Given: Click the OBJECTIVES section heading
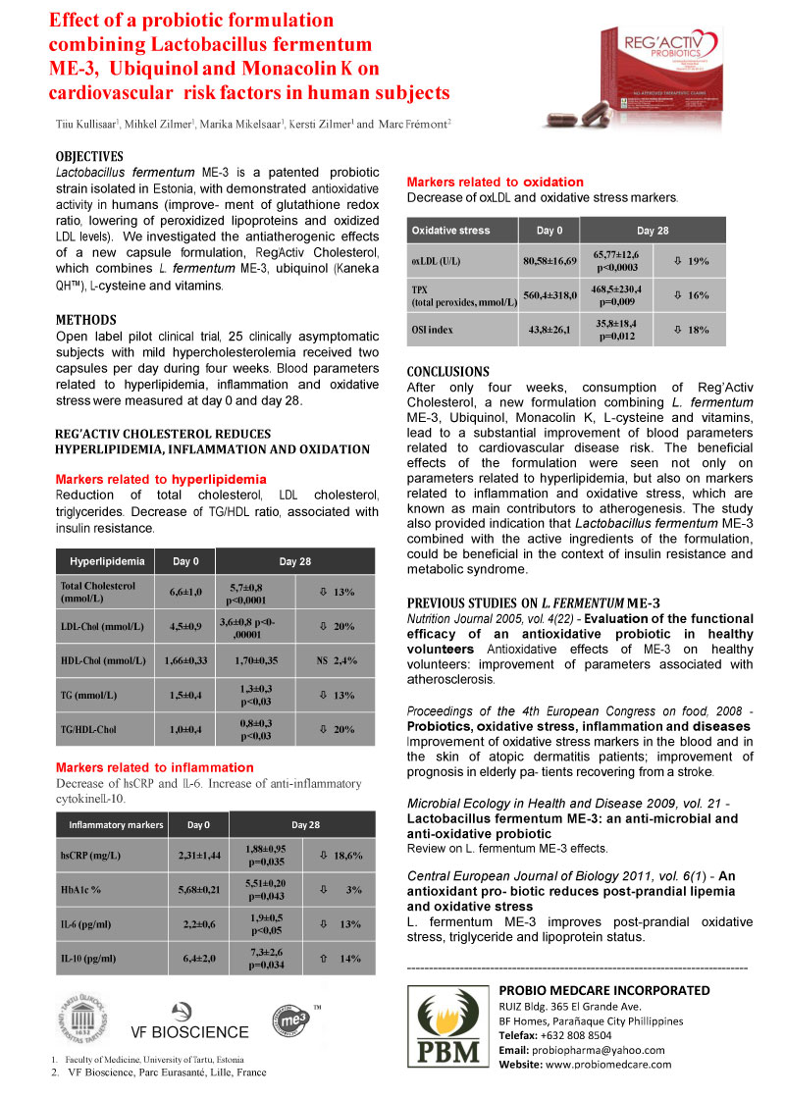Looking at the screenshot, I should click(x=89, y=157).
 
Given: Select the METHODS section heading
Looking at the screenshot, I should click(x=85, y=320).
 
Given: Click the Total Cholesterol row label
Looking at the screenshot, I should click(x=91, y=592).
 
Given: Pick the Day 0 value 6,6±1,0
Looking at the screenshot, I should click(x=185, y=593).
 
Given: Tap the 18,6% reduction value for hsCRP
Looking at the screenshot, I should click(x=335, y=855).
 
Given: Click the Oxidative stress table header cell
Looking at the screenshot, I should click(x=450, y=230).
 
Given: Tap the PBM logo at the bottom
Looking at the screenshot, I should click(x=447, y=1028).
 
